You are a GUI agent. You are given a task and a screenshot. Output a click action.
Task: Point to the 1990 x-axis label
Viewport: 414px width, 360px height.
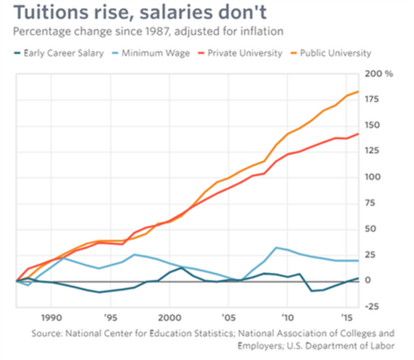coord(51,317)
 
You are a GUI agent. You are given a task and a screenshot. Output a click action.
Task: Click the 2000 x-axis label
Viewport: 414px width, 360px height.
coord(169,317)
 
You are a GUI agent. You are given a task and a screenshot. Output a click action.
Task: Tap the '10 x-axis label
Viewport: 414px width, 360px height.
coord(287,317)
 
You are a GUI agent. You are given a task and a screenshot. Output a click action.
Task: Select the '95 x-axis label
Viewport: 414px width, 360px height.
coord(110,317)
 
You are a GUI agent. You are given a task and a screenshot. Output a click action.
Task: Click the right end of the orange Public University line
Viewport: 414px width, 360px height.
coord(358,92)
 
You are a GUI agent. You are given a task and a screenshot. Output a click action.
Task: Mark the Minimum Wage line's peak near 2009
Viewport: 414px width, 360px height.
coord(277,247)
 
